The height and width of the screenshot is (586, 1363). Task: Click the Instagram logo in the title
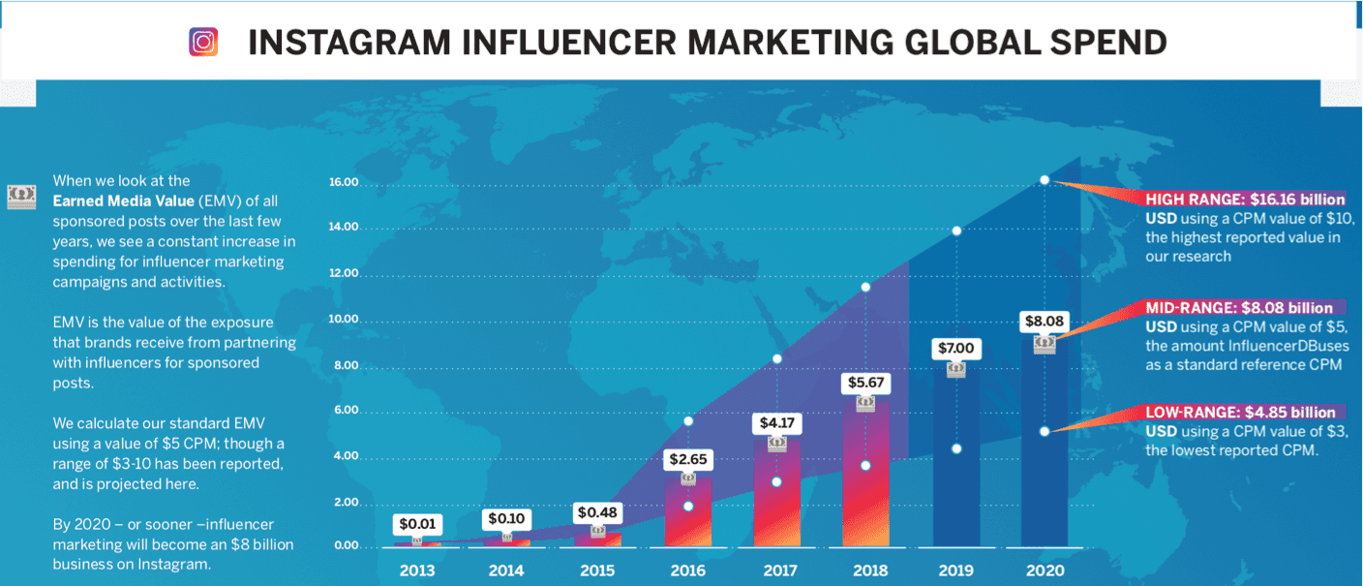[x=203, y=42]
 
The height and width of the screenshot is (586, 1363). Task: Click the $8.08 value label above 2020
[x=1045, y=321]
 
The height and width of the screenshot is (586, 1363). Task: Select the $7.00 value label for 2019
[x=955, y=347]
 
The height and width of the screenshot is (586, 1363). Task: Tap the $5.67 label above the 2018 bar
[x=864, y=383]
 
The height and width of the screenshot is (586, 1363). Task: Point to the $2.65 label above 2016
[x=687, y=458]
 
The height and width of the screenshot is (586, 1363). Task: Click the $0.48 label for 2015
[x=597, y=511]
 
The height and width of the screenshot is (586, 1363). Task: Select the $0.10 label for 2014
[x=506, y=518]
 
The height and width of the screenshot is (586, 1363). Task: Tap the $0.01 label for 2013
[x=418, y=524]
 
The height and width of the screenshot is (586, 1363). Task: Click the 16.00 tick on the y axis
[x=344, y=182]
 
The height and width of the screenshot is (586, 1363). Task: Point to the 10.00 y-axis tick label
[x=344, y=320]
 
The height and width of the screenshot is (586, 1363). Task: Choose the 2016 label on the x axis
[x=687, y=571]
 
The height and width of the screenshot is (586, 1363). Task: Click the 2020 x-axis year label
[x=1045, y=571]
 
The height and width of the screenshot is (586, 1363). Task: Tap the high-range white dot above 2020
[x=1045, y=180]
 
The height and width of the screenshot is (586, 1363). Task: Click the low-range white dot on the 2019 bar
[x=956, y=448]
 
